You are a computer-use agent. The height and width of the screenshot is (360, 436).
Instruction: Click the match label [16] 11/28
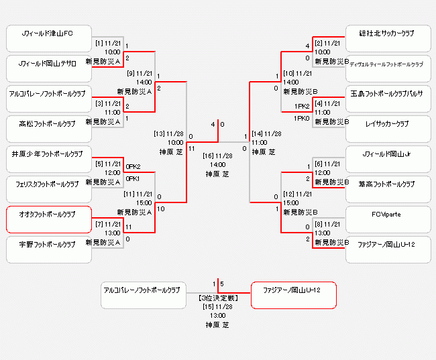[217, 156]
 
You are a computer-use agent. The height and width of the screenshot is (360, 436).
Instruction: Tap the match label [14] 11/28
[264, 133]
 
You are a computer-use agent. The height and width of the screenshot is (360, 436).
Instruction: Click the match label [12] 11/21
[297, 194]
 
